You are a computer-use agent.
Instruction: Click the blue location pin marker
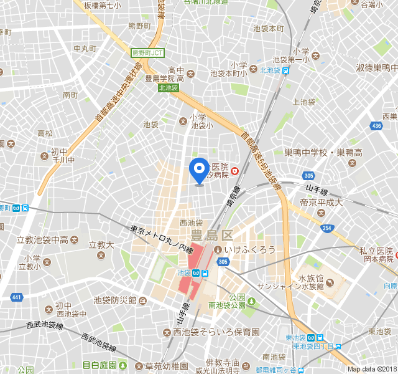pos(199,169)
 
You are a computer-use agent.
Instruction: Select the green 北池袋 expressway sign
pos(169,88)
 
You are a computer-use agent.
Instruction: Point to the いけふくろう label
pos(250,249)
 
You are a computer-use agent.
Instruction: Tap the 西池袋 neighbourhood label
pos(191,223)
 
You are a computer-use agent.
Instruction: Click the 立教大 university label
pos(102,245)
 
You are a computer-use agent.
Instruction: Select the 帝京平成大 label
pos(322,203)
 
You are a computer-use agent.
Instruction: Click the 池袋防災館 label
pos(115,300)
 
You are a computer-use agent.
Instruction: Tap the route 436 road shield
pos(376,127)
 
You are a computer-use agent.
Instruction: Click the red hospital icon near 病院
pos(234,171)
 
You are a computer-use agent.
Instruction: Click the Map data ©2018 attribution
pos(372,369)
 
